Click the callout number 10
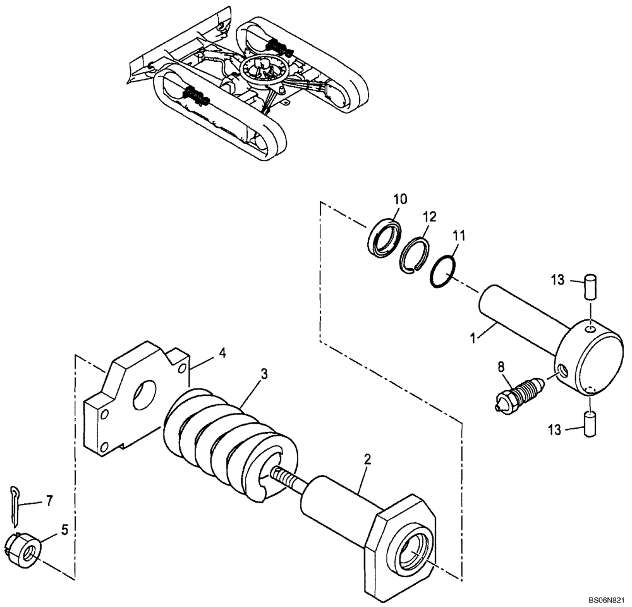click(400, 199)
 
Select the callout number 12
click(430, 217)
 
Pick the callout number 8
click(501, 365)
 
